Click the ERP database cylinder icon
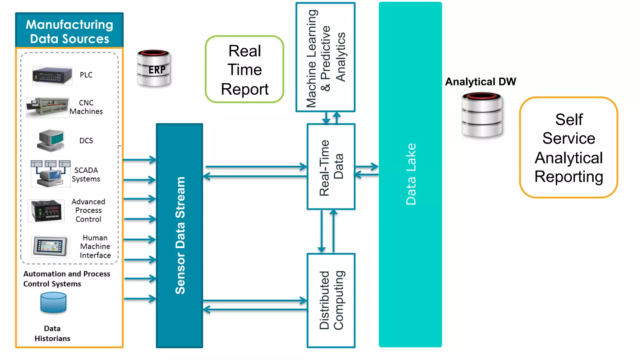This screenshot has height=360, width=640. pos(154,68)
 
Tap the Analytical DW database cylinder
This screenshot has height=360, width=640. pos(482,115)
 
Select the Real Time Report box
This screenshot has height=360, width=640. pos(244,69)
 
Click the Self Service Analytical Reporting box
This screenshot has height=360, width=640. pos(568,147)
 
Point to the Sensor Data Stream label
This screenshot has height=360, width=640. pos(180,235)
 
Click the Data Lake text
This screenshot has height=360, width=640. pos(411,174)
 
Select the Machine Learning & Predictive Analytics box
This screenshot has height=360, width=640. pos(325,57)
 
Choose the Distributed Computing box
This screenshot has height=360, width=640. pos(331,300)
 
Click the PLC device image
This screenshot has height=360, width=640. pos(52,76)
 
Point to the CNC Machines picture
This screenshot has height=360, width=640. pos(47,107)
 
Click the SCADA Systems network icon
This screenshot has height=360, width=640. pos(50,174)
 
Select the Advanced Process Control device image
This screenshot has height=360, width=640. pos(46,211)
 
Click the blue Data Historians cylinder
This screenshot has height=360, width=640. pos(53,302)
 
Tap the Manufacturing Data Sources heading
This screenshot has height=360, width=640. pos(69,31)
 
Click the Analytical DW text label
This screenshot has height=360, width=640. pos(480,82)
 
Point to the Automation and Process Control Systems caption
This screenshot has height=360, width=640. pos(66,279)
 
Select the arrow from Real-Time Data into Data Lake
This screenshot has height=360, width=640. pos(367,167)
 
